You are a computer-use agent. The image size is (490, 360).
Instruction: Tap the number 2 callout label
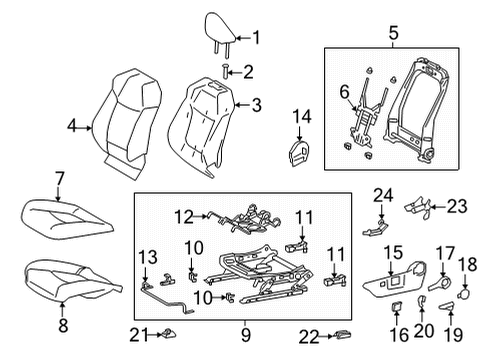click(x=249, y=70)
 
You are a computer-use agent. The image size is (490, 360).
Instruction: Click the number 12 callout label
click(x=181, y=214)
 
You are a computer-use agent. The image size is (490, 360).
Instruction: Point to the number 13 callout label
click(x=146, y=256)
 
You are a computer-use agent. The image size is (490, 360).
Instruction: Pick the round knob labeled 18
click(x=465, y=295)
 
